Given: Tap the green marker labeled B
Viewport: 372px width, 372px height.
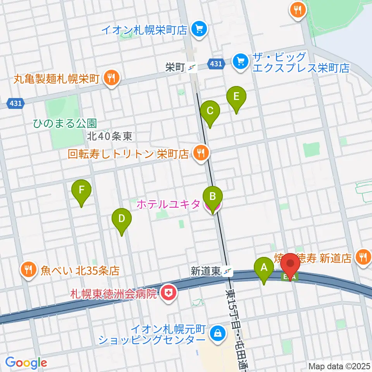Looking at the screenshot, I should pos(213,196).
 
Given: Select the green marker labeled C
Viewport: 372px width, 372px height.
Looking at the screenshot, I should pos(210,111).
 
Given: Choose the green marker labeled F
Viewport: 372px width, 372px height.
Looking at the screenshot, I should pos(81,190).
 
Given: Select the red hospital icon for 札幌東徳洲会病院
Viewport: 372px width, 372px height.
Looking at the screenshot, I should pos(168,293).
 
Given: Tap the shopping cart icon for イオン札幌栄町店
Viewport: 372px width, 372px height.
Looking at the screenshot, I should pos(200,29).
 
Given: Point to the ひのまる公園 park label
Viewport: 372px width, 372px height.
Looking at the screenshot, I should pos(65,124).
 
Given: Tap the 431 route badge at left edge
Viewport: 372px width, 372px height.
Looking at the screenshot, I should pos(15,103).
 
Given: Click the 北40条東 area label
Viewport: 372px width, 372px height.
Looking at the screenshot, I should pos(110,136).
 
